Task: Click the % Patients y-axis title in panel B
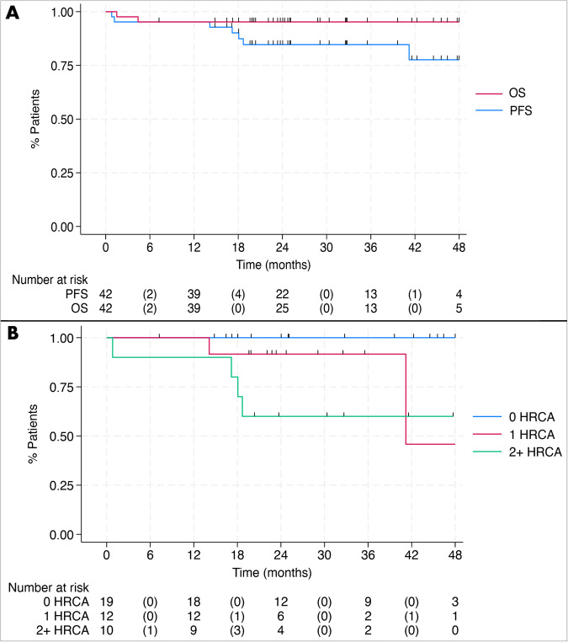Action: (24, 436)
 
